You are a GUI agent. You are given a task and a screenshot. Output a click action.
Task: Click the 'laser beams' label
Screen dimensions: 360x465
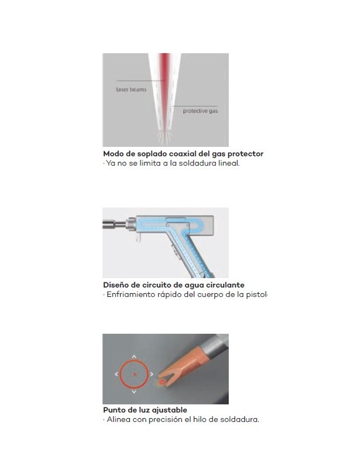(131, 89)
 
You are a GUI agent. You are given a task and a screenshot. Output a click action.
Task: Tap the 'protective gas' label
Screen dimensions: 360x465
(200, 111)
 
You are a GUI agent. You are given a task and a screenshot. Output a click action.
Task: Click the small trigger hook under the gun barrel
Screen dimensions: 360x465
(138, 237)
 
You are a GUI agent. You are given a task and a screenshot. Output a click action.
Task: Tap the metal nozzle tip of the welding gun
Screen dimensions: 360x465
(114, 224)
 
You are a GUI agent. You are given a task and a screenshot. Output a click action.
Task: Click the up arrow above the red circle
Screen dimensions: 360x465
(134, 356)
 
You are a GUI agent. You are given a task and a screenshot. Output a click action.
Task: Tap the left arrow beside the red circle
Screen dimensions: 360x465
(116, 374)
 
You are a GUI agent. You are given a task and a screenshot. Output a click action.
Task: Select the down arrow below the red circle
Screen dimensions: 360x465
(134, 392)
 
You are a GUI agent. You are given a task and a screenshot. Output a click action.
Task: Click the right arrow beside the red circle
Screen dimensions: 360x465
(151, 374)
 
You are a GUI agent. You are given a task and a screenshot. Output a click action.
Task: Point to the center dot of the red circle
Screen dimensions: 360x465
(134, 374)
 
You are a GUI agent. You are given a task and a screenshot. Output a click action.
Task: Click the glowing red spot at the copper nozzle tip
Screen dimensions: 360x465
(162, 382)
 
